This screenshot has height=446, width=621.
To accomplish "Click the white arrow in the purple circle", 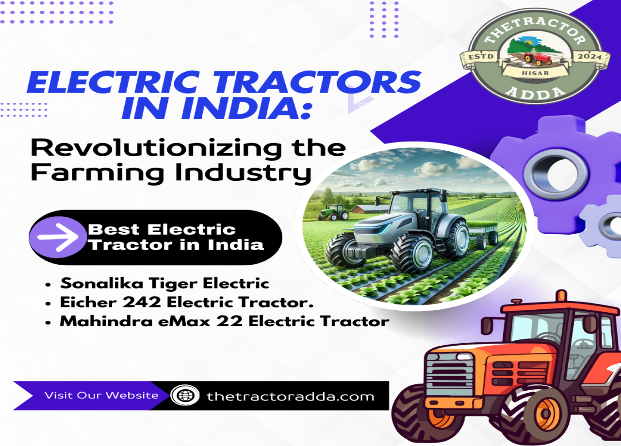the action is point(58,238).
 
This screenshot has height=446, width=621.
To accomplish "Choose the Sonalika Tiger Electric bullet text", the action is point(164,284).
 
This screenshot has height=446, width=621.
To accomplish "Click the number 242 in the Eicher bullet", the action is point(141,302).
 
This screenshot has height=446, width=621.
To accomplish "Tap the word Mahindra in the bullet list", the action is point(106,321).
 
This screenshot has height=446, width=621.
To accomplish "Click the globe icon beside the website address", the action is point(185,395).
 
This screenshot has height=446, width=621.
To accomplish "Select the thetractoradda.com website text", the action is point(291,397).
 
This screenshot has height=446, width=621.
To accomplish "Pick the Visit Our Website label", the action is point(101,395).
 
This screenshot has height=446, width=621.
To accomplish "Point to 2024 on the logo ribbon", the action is point(589,57).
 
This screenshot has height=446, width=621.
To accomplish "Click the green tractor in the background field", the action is point(334,212).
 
